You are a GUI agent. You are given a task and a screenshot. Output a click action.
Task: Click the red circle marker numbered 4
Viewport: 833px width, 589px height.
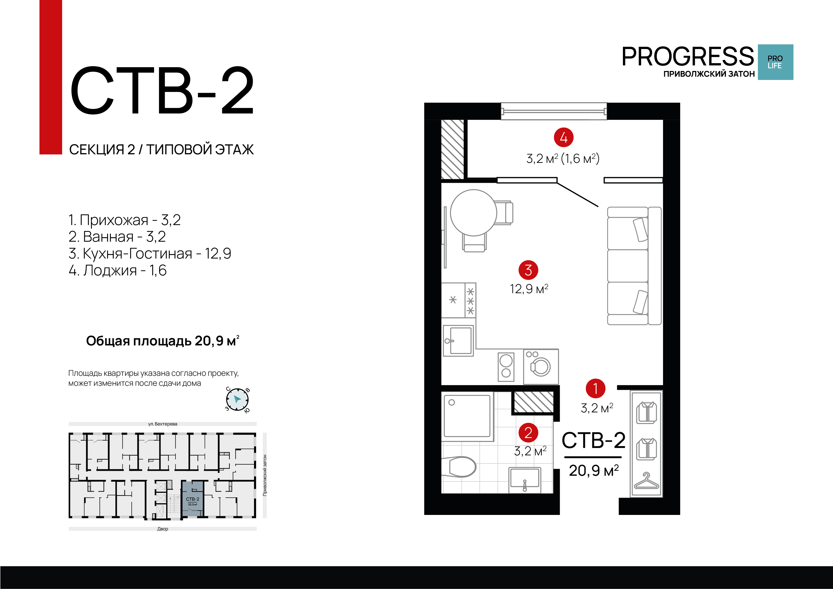pyautogui.click(x=563, y=137)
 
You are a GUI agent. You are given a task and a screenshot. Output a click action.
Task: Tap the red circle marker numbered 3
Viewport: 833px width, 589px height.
pyautogui.click(x=528, y=270)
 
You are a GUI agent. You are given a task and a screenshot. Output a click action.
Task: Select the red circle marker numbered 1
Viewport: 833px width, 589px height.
pyautogui.click(x=595, y=388)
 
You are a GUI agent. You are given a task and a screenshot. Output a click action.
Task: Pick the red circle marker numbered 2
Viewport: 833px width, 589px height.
pyautogui.click(x=528, y=433)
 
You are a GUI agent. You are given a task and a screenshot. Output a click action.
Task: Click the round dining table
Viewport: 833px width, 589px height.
pyautogui.click(x=473, y=213)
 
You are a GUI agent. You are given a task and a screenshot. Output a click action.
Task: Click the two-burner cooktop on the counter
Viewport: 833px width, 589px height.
pyautogui.click(x=506, y=367)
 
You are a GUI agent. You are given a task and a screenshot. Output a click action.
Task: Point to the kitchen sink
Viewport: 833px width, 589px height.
pyautogui.click(x=459, y=340)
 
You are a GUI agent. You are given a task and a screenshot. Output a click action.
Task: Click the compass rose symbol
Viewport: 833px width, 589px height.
pyautogui.click(x=237, y=400)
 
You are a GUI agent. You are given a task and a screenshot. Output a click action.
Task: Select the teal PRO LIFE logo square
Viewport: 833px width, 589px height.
pyautogui.click(x=775, y=62)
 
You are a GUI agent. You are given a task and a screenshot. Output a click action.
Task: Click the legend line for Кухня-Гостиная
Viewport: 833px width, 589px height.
pyautogui.click(x=150, y=253)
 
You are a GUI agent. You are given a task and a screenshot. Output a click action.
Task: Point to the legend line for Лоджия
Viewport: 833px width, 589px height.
pyautogui.click(x=118, y=270)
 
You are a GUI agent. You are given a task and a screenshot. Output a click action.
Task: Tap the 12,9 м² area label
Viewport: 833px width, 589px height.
pyautogui.click(x=529, y=289)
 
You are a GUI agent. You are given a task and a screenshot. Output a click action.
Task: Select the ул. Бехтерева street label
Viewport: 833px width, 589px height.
pyautogui.click(x=163, y=424)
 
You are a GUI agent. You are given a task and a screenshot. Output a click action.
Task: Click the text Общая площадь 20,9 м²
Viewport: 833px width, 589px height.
pyautogui.click(x=162, y=341)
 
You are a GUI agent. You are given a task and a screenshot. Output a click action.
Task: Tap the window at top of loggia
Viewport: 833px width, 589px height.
pyautogui.click(x=553, y=111)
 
